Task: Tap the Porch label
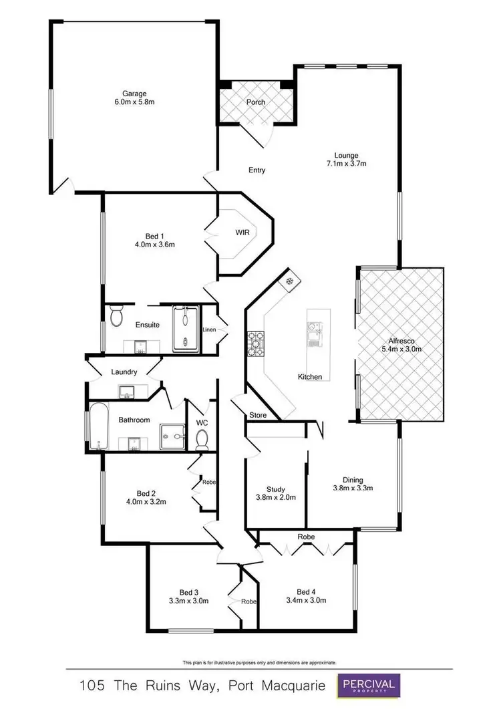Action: tap(256, 102)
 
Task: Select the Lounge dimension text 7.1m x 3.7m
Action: tap(347, 163)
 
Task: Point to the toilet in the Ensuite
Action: tap(116, 315)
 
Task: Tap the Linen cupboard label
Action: tap(209, 329)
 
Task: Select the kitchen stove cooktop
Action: tap(256, 343)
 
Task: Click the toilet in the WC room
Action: tap(202, 438)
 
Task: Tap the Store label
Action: tap(258, 416)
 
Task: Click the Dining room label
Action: tap(353, 479)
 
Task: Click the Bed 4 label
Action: tap(306, 591)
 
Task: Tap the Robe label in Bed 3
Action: tap(248, 601)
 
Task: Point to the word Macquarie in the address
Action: tap(291, 686)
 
